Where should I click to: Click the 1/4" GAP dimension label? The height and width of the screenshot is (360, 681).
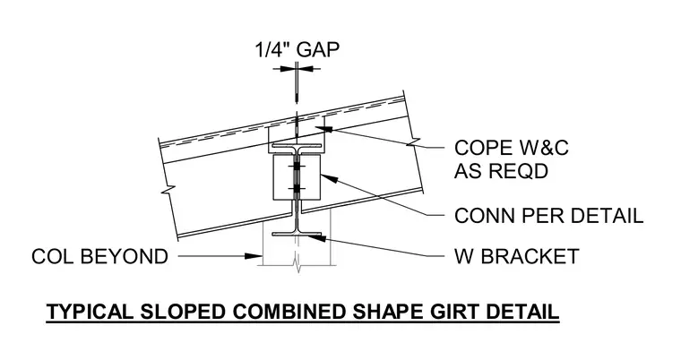pos(297,50)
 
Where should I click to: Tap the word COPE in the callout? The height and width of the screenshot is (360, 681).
pos(478,148)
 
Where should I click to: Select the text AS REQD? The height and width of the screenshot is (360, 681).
pos(501,171)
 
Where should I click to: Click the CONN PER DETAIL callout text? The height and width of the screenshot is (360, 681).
pos(548,216)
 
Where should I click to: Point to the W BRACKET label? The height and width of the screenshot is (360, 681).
pos(517,256)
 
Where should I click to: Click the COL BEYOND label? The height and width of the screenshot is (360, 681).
pos(99,256)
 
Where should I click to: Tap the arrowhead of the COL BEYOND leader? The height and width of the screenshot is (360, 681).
pos(253,256)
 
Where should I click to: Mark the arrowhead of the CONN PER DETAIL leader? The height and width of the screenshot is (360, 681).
pos(328,178)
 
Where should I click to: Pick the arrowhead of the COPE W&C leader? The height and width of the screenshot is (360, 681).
pos(324,129)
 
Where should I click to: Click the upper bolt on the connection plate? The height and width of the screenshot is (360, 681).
pos(297,167)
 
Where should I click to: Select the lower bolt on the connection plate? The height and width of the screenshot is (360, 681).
pos(297,188)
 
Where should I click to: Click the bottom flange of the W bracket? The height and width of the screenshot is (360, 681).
pos(297,235)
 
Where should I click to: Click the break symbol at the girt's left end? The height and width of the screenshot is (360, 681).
pos(168,189)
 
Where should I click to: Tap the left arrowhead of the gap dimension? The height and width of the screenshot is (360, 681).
pos(287,68)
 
